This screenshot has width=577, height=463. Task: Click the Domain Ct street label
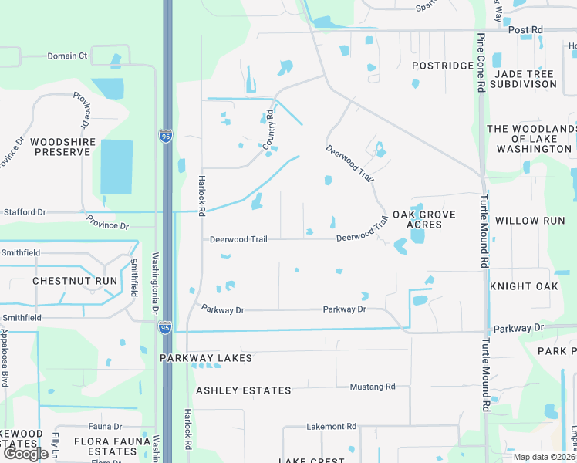[x=67, y=56]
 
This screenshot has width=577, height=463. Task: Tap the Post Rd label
[x=526, y=30]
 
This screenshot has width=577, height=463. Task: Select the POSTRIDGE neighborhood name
[x=442, y=66]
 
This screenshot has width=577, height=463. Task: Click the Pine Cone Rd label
[x=480, y=62]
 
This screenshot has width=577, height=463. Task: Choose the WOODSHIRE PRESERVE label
[x=60, y=147]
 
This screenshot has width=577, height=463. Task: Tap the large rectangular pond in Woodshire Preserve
[x=116, y=167]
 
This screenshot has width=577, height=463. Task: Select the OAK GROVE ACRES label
[x=423, y=219]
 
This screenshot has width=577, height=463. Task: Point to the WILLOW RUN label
[x=530, y=221]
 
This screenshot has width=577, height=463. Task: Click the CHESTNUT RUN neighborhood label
[x=75, y=281]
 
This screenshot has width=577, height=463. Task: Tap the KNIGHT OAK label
[x=524, y=286]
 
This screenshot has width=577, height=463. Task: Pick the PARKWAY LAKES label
[x=206, y=359]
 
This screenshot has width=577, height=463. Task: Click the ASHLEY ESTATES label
[x=244, y=390]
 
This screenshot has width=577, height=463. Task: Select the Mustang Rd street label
[x=372, y=387]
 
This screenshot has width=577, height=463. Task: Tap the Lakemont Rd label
[x=331, y=426]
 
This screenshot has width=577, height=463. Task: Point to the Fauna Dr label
[x=105, y=426]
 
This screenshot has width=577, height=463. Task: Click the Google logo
[x=25, y=454]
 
